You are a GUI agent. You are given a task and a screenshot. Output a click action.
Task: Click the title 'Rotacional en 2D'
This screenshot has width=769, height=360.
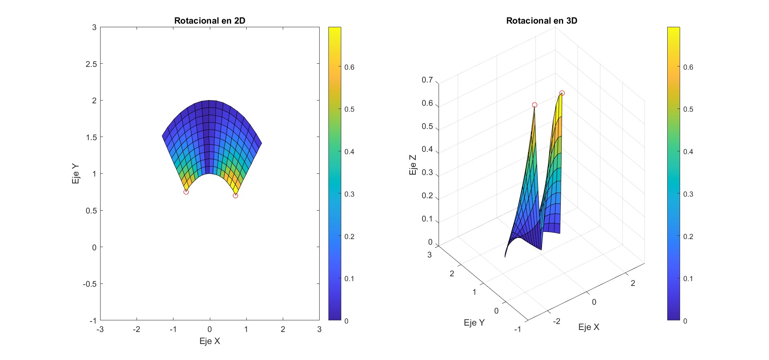tap(209, 21)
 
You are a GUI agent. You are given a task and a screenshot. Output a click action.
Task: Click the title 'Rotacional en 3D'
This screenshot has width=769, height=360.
tap(542, 21)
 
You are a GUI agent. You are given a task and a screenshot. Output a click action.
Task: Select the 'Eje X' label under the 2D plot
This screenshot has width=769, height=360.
tap(209, 341)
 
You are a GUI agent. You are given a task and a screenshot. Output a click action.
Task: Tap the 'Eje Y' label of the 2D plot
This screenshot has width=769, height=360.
tap(75, 174)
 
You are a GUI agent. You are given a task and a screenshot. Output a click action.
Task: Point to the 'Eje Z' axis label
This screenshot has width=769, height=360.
tap(413, 165)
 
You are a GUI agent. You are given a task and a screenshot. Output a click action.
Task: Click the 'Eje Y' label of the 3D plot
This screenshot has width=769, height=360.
tap(474, 323)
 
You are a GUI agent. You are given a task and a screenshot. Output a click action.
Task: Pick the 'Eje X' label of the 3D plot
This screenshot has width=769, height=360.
tap(589, 327)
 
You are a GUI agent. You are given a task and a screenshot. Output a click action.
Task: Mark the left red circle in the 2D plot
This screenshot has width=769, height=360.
tap(186, 192)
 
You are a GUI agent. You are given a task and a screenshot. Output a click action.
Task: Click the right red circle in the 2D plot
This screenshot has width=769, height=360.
tap(236, 196)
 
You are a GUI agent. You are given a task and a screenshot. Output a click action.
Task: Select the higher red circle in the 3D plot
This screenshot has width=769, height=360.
tap(562, 93)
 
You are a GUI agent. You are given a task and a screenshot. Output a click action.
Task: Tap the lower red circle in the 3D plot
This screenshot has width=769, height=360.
tap(535, 105)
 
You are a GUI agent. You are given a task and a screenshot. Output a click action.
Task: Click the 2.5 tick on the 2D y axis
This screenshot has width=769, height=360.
tap(91, 64)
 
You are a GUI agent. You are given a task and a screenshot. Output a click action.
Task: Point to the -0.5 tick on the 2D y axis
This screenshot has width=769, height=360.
tap(90, 284)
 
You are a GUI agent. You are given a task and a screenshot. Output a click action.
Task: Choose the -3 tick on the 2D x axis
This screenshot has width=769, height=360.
tap(100, 330)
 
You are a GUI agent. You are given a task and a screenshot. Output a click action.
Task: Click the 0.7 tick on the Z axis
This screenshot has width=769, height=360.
tap(427, 80)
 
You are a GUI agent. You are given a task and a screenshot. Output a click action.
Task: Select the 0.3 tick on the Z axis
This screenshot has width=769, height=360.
tap(427, 173)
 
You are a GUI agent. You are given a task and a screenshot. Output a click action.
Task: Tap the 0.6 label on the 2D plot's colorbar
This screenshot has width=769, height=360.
tap(349, 67)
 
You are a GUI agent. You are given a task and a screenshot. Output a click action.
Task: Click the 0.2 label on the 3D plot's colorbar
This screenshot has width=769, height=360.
tap(688, 237)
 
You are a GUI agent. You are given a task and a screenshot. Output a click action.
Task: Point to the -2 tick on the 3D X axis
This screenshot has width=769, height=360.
tap(556, 321)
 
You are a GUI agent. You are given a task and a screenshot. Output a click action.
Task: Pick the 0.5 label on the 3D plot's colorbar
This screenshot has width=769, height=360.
tap(688, 109)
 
